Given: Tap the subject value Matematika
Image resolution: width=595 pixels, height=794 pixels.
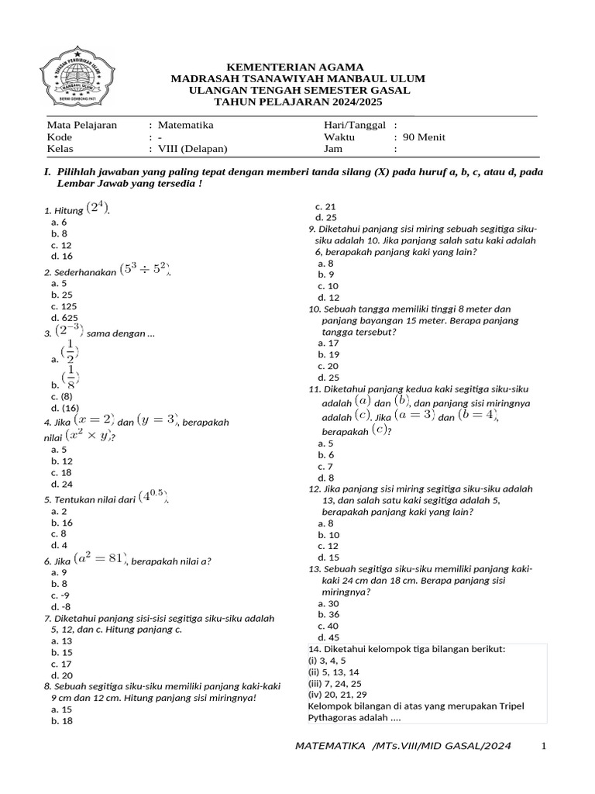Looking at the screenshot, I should point(185,125).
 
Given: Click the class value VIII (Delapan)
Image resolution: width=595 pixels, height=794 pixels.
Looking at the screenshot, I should point(194,150).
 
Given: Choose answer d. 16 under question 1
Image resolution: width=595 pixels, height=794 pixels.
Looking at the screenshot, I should point(62,256).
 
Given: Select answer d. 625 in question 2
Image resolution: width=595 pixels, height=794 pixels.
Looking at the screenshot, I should point(64,318).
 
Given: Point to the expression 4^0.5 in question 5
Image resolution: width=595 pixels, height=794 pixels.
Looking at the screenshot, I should point(153,497).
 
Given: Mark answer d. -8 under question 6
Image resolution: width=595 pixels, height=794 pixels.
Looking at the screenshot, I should point(61,606).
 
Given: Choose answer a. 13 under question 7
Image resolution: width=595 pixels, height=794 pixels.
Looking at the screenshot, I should point(61,641).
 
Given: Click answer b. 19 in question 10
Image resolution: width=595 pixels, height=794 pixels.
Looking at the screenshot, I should point(328,354).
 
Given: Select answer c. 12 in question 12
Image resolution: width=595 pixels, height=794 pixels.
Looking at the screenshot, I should point(328,546).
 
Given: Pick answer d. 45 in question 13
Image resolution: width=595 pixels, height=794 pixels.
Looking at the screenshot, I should point(328,637).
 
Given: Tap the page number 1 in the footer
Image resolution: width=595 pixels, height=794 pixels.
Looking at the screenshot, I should point(544,746).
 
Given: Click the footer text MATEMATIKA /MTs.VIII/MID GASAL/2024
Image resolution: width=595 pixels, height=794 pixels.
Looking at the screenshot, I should point(404,746).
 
